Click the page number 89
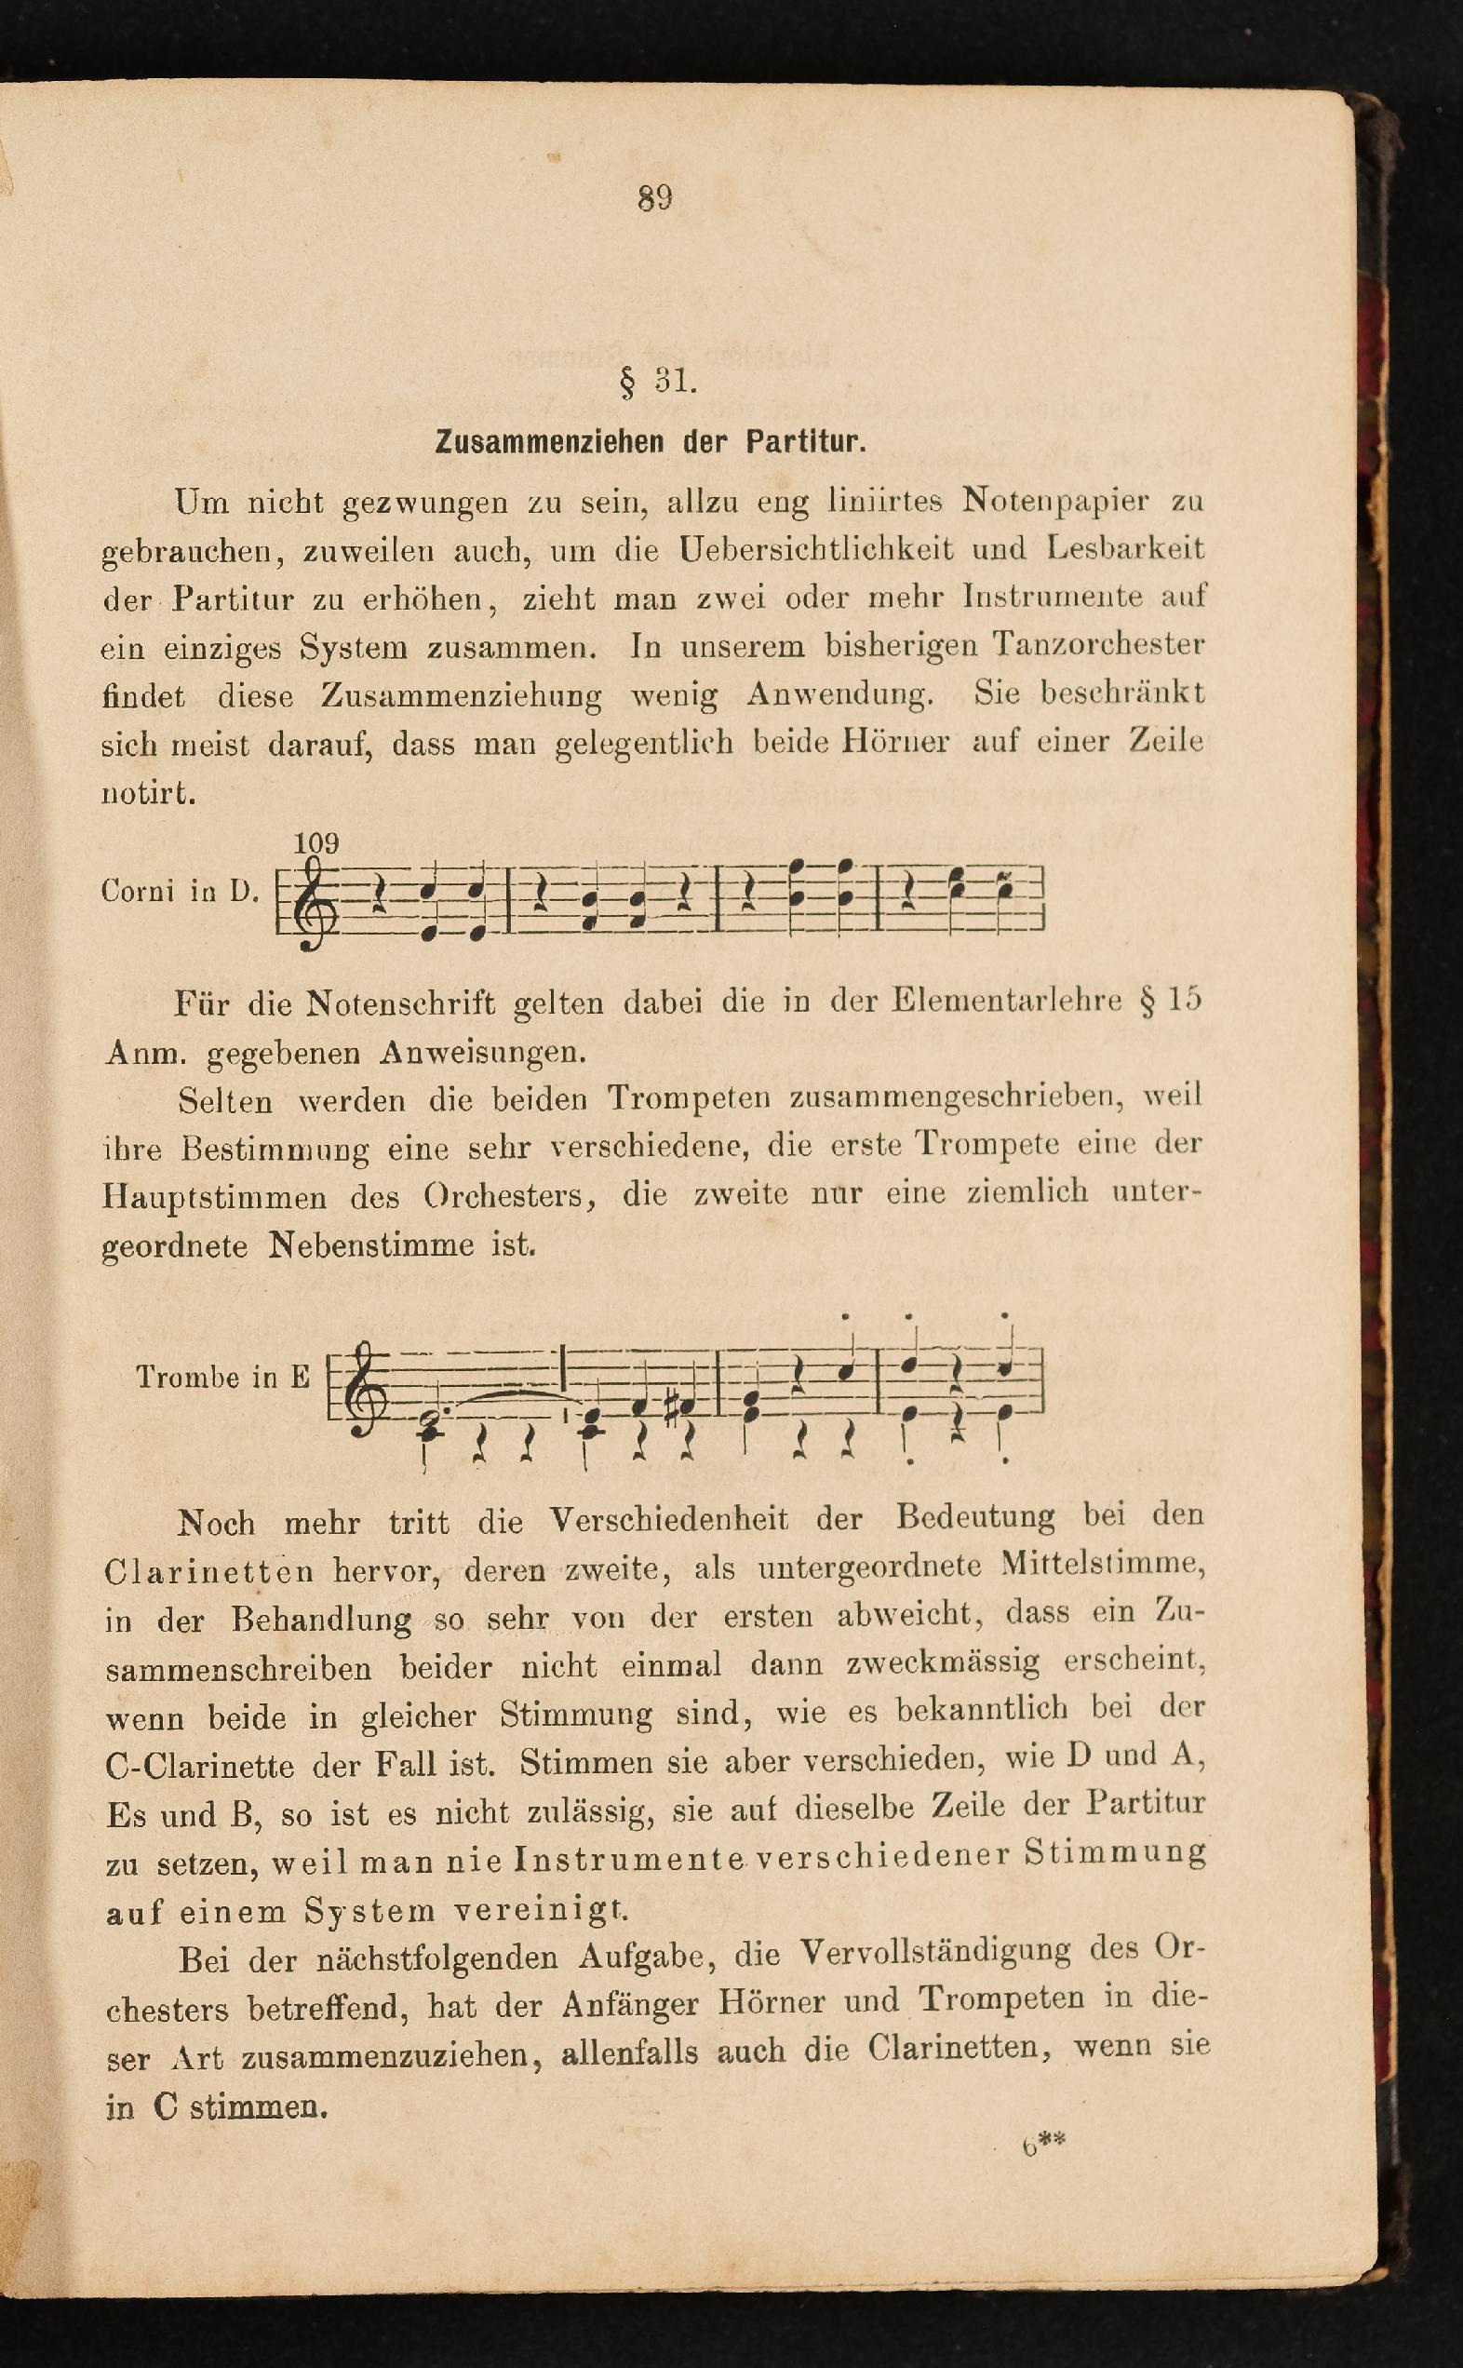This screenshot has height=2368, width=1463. (655, 198)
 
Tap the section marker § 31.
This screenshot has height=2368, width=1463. (658, 382)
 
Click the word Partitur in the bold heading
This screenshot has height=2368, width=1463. (803, 443)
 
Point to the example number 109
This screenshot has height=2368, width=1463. (316, 843)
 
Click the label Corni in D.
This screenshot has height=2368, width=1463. (179, 892)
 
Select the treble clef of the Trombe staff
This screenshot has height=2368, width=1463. (365, 1387)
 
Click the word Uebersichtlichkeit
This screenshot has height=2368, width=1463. (815, 551)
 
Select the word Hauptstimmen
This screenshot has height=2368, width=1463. (215, 1197)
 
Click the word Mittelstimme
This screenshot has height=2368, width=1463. (1103, 1566)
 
